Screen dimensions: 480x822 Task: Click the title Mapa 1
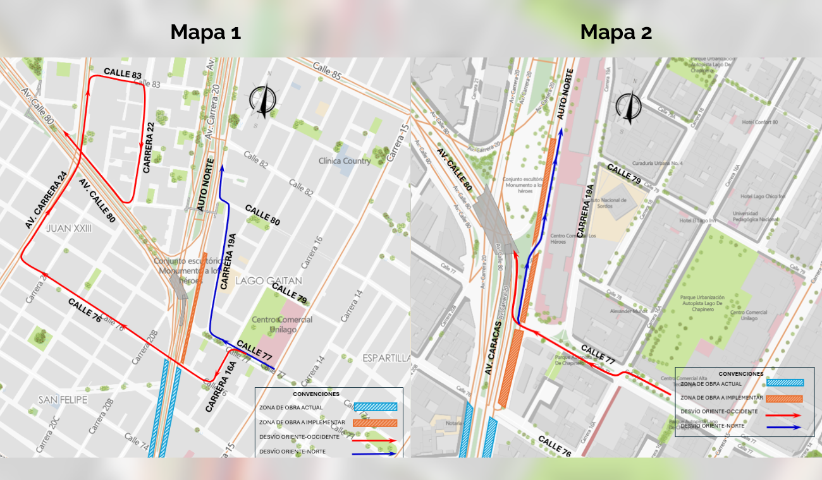pyautogui.click(x=205, y=32)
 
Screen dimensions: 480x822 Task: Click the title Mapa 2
pyautogui.click(x=616, y=32)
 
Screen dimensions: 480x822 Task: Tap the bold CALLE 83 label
pyautogui.click(x=123, y=74)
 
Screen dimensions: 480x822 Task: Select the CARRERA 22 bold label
pyautogui.click(x=149, y=148)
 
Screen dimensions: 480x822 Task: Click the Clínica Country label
pyautogui.click(x=345, y=160)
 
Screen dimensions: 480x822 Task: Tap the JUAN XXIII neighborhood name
pyautogui.click(x=69, y=228)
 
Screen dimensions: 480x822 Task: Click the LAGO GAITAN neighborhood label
pyautogui.click(x=269, y=280)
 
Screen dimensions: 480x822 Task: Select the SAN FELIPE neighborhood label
pyautogui.click(x=63, y=400)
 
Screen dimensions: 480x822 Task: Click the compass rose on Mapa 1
pyautogui.click(x=262, y=99)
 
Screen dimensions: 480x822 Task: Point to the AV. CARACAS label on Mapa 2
pyautogui.click(x=494, y=347)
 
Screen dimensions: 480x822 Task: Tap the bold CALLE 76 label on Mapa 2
pyautogui.click(x=555, y=445)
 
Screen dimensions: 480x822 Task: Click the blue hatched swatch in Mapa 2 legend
pyautogui.click(x=785, y=383)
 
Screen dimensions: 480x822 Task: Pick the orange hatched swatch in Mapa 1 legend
pyautogui.click(x=375, y=423)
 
